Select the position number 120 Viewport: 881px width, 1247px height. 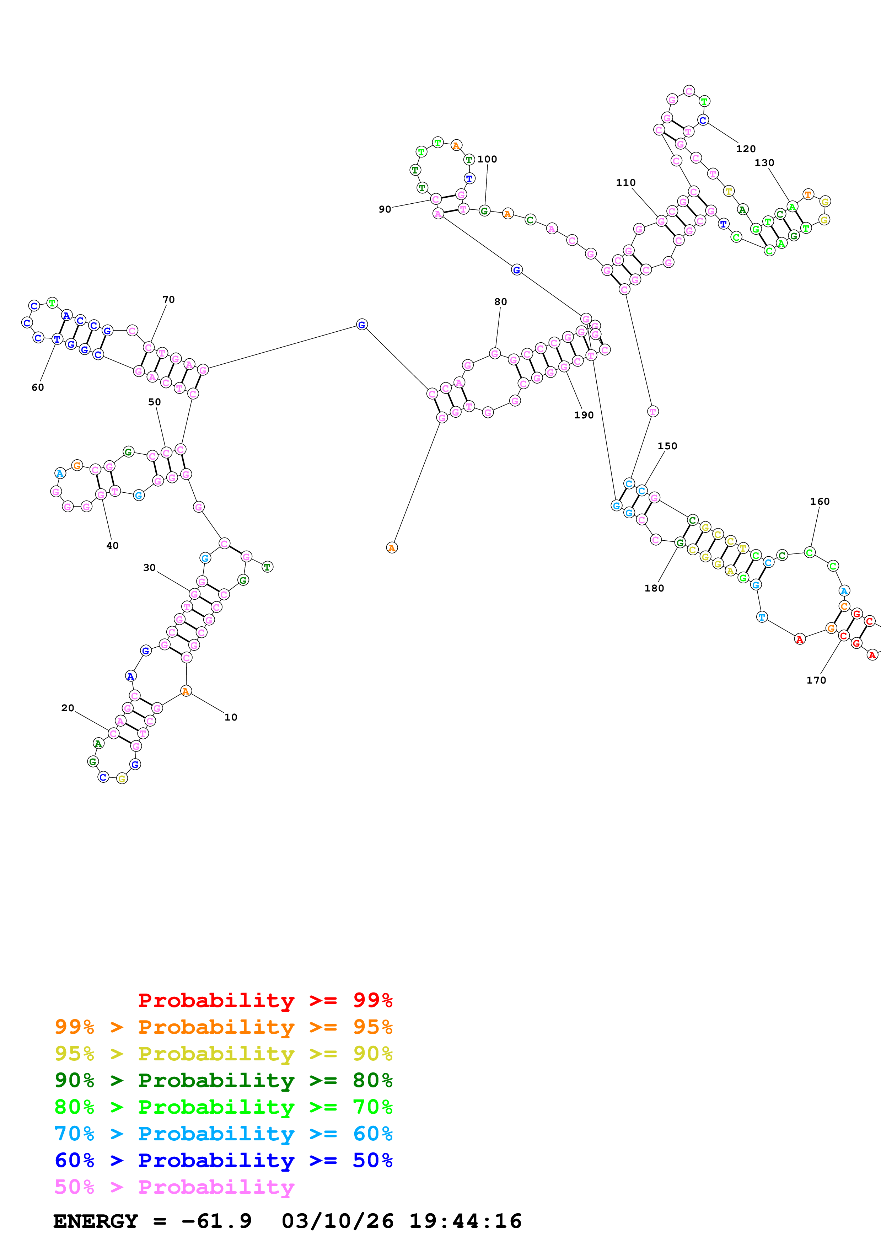pos(746,149)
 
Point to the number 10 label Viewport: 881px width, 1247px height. pos(231,717)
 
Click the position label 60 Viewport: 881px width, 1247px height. pos(37,387)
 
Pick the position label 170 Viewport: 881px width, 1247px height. pos(816,680)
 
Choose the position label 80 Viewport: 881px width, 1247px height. pos(500,301)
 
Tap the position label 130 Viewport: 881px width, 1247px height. pos(764,162)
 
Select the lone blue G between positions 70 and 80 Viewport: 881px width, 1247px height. pos(361,325)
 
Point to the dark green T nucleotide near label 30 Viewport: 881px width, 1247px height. pos(267,567)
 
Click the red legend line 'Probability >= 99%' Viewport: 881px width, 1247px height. pos(265,1000)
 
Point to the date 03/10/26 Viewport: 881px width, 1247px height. pos(338,1221)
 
